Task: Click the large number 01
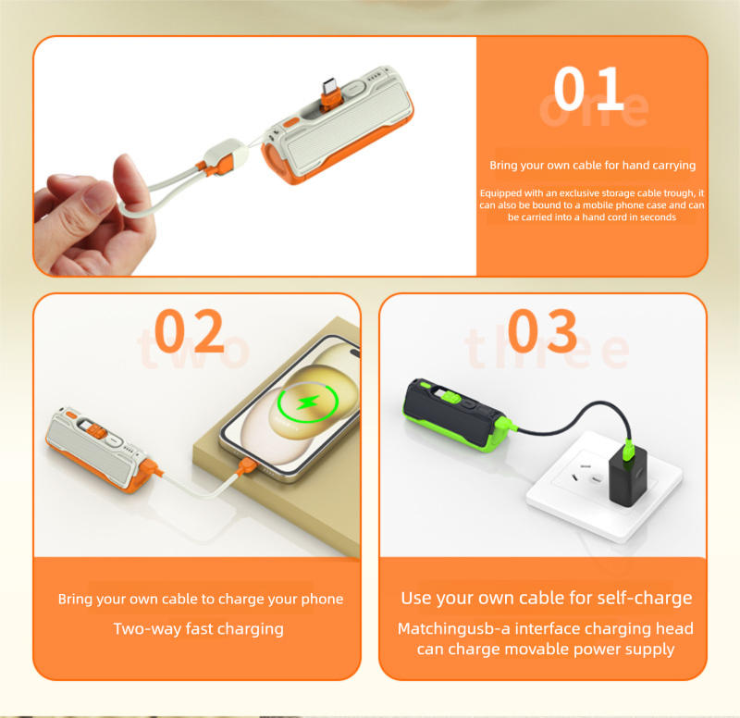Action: (589, 88)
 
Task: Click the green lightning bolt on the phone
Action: (307, 402)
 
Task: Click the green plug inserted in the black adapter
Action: (629, 450)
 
